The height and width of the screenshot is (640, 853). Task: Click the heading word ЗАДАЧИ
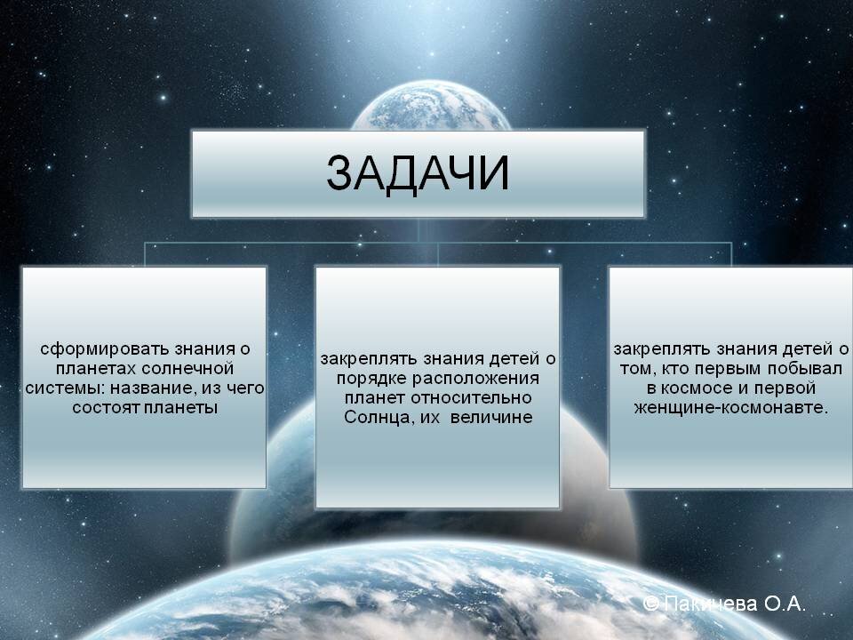[x=418, y=173]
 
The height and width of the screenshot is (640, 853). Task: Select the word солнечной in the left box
[x=194, y=368]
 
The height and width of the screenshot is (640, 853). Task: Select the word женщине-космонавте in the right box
[x=730, y=409]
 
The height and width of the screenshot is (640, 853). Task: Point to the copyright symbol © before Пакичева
[x=650, y=604]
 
